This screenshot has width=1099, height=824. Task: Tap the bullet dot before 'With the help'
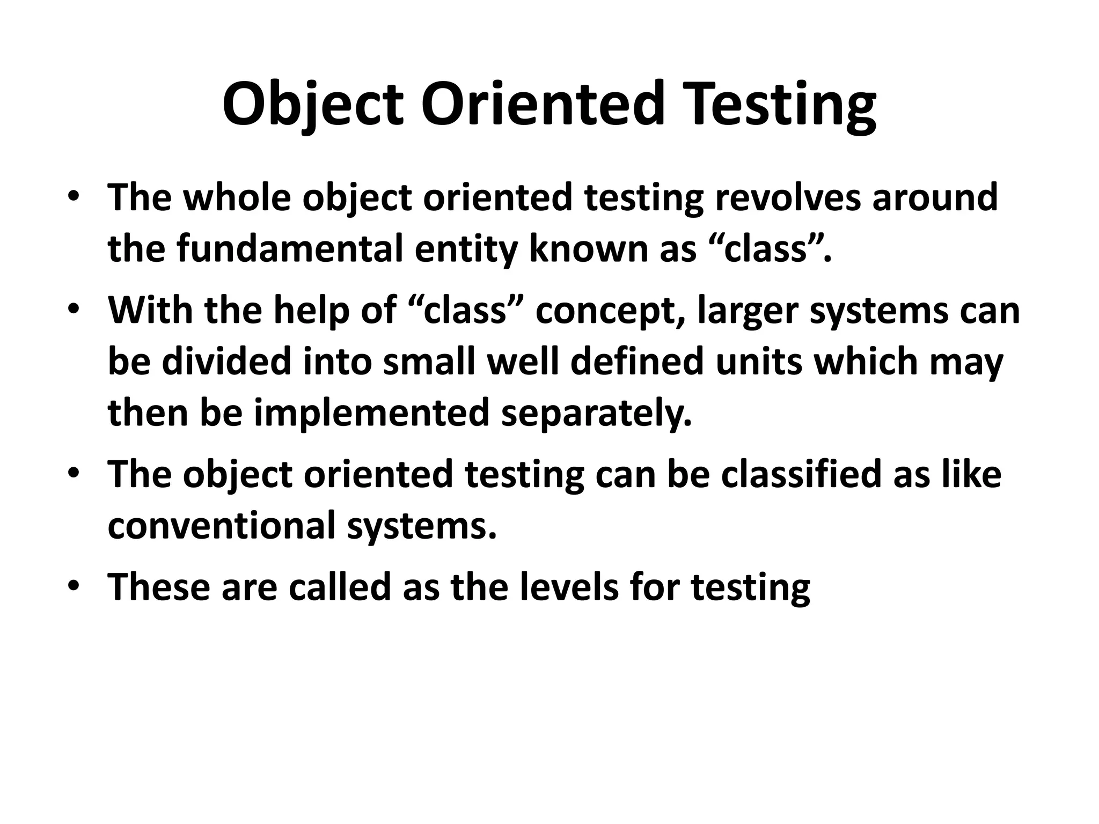coord(74,310)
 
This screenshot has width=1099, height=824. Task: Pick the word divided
coord(228,361)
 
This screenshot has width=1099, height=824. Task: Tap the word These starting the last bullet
coord(159,586)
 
